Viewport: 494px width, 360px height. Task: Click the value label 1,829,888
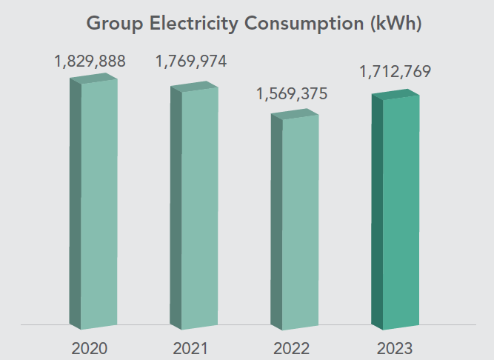coord(90,61)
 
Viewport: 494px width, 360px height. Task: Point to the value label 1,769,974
coord(190,61)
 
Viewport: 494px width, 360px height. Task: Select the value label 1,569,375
coord(291,95)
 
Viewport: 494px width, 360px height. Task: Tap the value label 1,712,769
coord(395,72)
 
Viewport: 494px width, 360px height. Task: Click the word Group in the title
coord(114,23)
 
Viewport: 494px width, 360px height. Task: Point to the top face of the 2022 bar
coord(294,113)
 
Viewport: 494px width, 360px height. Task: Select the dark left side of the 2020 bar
coord(75,204)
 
